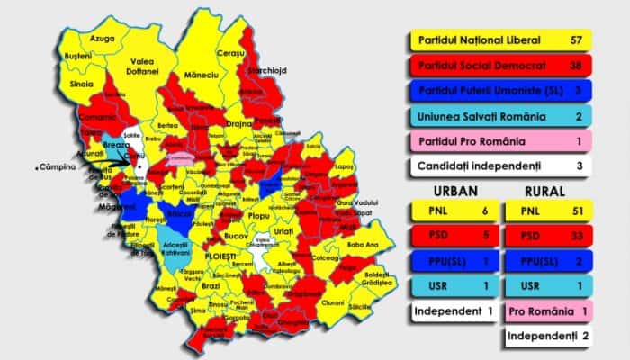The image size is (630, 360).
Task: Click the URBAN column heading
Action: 450,192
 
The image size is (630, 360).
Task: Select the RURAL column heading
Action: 545,192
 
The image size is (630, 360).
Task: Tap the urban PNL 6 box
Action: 450,211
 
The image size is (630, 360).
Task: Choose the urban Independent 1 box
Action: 450,311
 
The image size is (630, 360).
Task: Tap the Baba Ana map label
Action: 364,244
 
